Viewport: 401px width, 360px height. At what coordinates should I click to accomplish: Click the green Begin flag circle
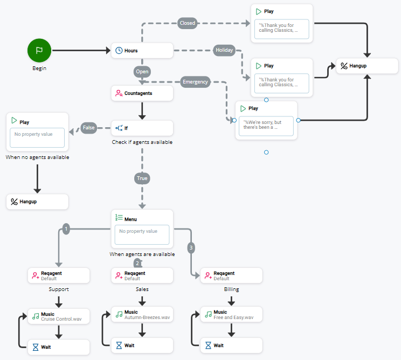(x=39, y=50)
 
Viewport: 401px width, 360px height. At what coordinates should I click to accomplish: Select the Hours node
(x=142, y=51)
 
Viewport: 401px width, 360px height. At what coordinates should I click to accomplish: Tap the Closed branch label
(x=188, y=23)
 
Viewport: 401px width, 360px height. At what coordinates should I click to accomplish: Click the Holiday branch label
(x=224, y=50)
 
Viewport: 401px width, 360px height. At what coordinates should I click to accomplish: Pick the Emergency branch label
(x=195, y=82)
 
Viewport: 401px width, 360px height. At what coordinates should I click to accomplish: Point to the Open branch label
(x=142, y=71)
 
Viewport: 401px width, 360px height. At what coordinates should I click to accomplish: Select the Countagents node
(x=142, y=93)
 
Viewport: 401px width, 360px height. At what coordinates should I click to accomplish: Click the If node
(x=142, y=128)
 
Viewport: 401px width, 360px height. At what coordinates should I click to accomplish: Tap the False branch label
(x=89, y=128)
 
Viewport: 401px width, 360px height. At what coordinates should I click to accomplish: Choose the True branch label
(x=142, y=178)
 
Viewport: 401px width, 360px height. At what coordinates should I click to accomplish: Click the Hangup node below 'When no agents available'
(x=37, y=202)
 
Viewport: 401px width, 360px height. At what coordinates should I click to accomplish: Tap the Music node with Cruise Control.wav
(x=58, y=316)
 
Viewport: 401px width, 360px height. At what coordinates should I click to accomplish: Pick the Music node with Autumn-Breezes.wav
(x=142, y=315)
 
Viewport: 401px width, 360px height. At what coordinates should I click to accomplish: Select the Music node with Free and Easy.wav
(x=231, y=315)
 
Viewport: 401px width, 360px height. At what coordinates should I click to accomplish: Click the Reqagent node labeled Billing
(x=231, y=275)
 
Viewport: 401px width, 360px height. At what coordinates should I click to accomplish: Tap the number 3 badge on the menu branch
(x=191, y=248)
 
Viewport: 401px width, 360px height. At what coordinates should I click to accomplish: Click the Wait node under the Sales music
(x=142, y=345)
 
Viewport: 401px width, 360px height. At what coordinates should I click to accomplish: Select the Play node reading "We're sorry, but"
(x=266, y=120)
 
